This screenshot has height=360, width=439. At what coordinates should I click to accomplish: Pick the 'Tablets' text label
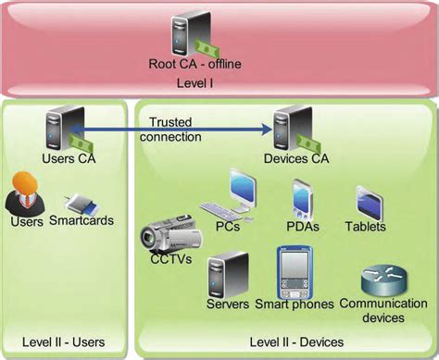(x=365, y=226)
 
